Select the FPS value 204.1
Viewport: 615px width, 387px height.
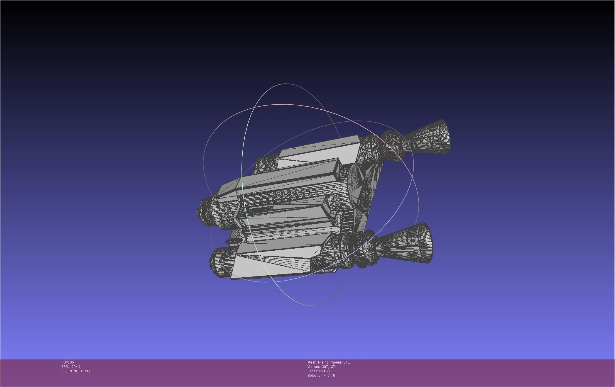point(76,367)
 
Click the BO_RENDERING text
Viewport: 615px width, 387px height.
point(75,371)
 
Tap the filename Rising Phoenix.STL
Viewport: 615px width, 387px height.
point(334,362)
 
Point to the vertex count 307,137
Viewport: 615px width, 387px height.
point(328,367)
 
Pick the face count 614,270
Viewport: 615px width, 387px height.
point(326,371)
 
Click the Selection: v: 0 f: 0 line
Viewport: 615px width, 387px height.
point(321,376)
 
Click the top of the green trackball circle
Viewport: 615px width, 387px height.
point(285,84)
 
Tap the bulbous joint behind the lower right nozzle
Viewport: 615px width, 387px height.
point(362,249)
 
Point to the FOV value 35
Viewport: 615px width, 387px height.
point(72,362)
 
